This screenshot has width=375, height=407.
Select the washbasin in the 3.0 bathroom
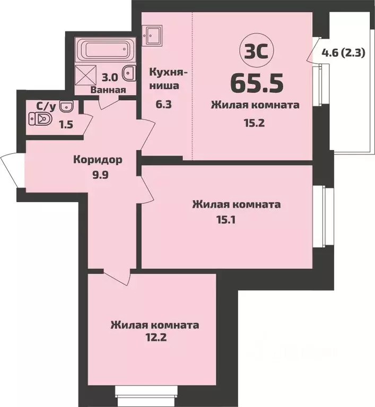tap(128, 73)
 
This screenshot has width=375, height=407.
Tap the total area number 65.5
tap(257, 82)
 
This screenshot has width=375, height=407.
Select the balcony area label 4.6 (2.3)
tap(343, 53)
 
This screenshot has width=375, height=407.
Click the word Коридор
tap(98, 160)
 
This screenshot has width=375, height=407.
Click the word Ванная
tap(108, 90)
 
